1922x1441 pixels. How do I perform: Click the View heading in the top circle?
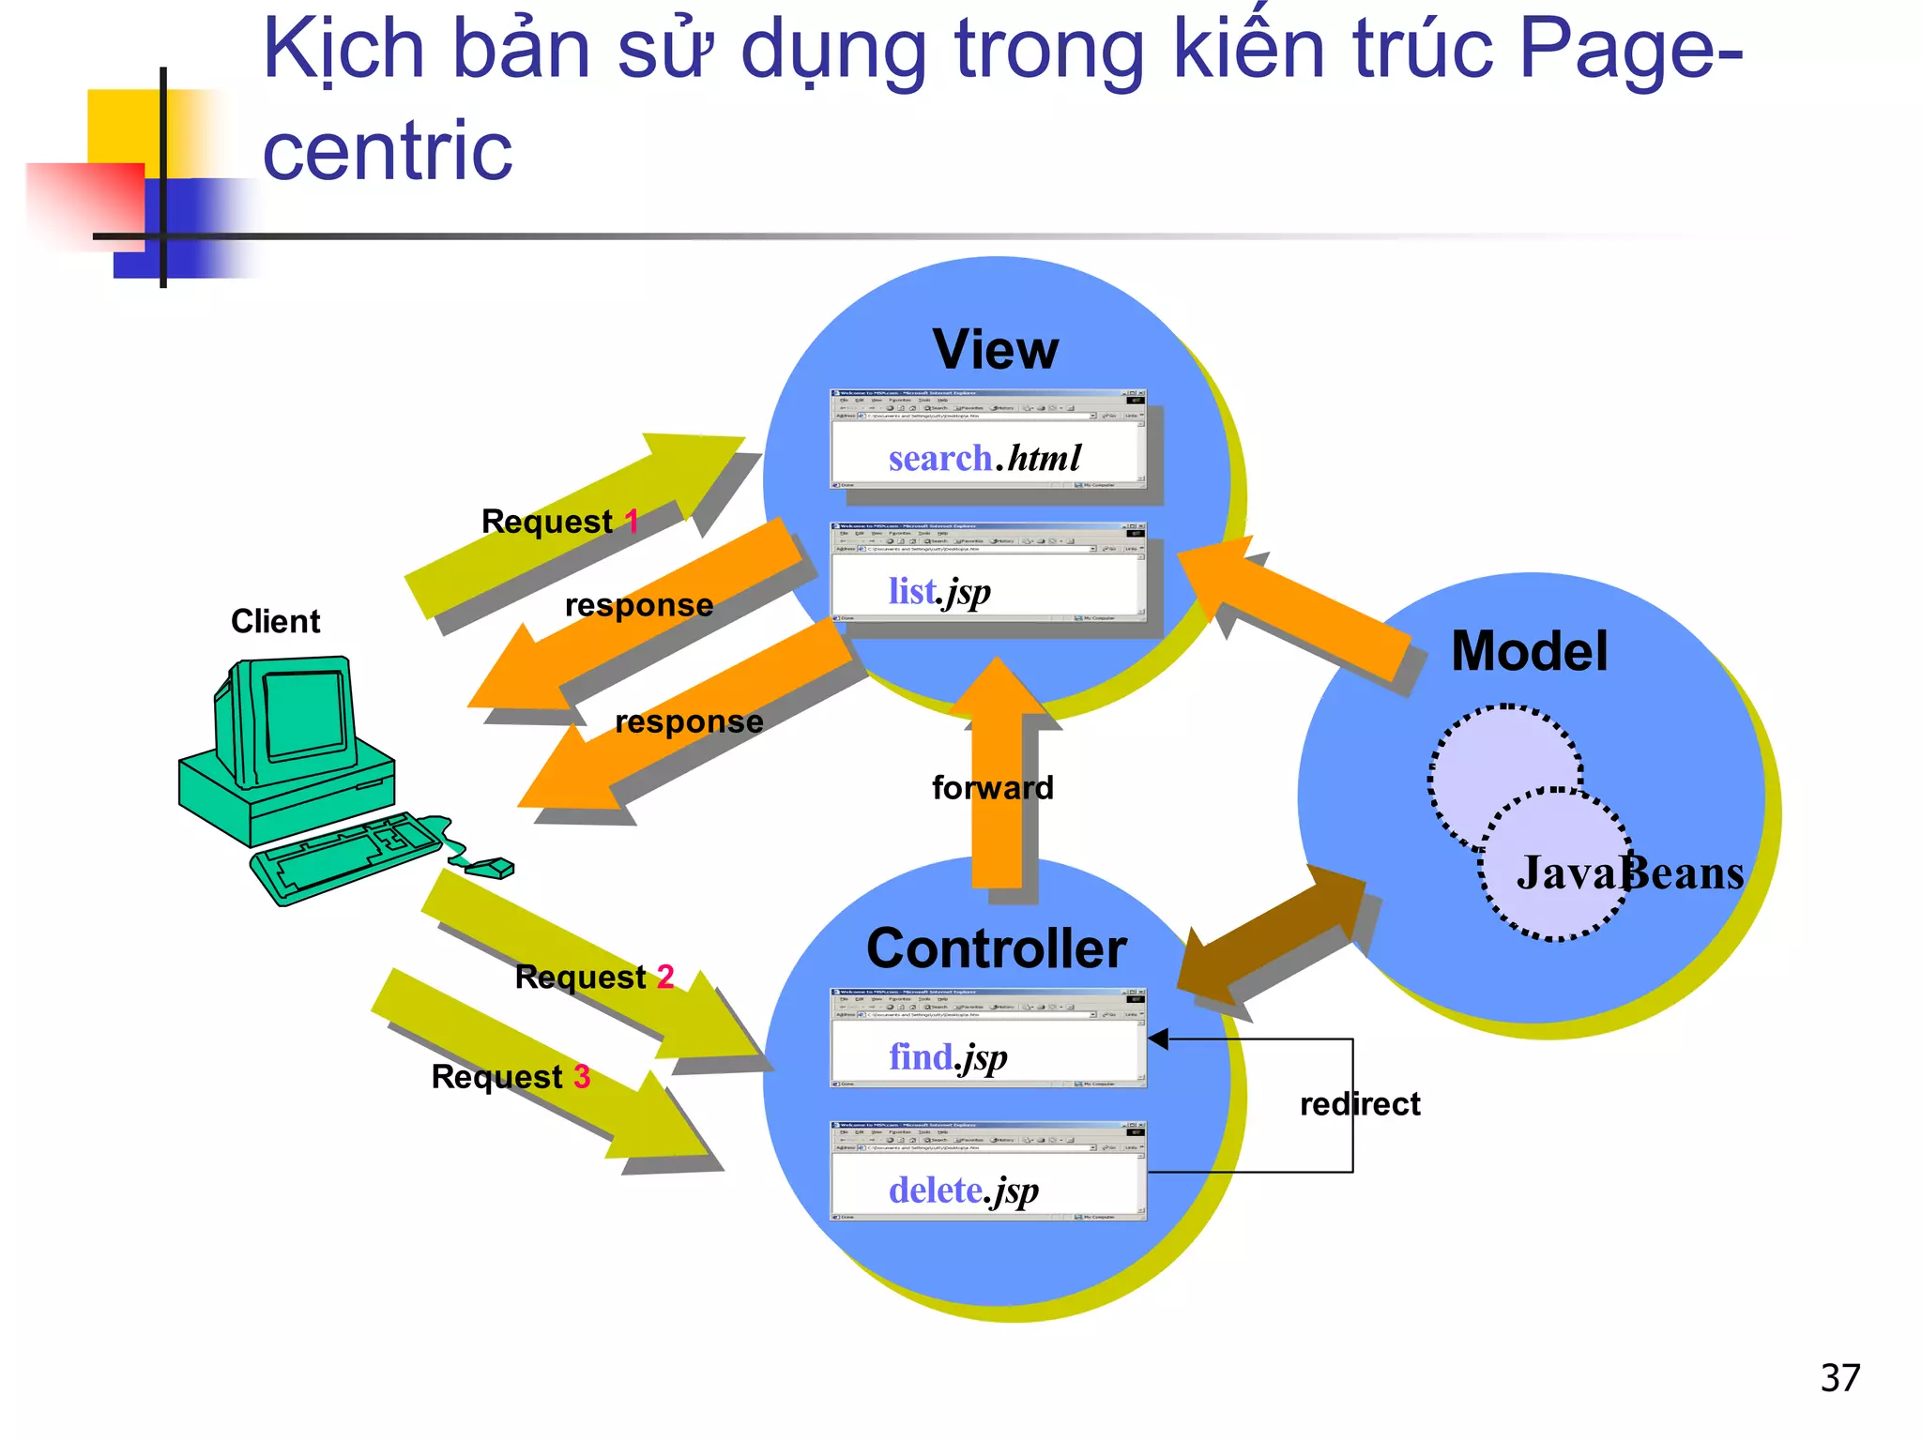click(x=995, y=350)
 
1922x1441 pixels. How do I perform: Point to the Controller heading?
click(x=996, y=948)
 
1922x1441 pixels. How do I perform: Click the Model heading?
click(x=1529, y=651)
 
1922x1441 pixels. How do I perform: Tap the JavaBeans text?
click(x=1629, y=872)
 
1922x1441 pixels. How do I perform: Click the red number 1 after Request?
click(x=632, y=521)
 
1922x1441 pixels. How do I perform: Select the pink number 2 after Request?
click(x=664, y=977)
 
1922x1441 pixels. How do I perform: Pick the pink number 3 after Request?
click(x=582, y=1076)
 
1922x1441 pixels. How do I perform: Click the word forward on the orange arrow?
click(x=992, y=787)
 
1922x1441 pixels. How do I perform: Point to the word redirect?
click(x=1359, y=1104)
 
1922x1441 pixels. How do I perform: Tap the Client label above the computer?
click(x=275, y=621)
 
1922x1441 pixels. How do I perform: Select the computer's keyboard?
click(x=343, y=856)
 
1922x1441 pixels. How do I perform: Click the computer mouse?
click(x=490, y=868)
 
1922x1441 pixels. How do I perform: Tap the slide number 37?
click(x=1839, y=1377)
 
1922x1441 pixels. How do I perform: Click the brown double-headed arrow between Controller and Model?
click(x=1272, y=943)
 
